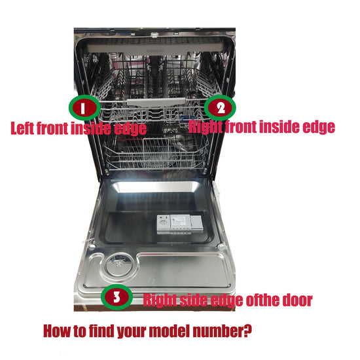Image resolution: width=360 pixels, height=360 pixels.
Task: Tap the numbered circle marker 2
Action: coord(220,108)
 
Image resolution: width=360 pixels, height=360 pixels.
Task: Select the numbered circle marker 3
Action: coord(117,298)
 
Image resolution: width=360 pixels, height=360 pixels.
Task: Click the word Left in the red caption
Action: coord(22,128)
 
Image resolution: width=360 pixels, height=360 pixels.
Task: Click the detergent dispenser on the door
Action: coord(180,225)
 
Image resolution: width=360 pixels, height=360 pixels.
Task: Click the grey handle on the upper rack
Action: coord(156,101)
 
